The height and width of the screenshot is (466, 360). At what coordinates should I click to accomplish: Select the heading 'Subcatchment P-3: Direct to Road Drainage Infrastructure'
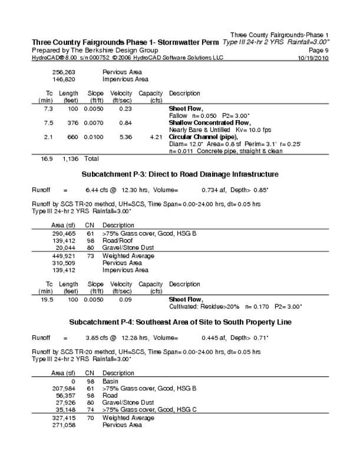click(x=180, y=174)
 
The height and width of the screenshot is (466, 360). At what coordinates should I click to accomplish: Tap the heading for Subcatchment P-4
click(x=180, y=322)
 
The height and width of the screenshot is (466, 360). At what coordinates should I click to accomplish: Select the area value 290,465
click(x=64, y=233)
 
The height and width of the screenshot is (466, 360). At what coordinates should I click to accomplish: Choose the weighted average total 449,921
click(x=64, y=256)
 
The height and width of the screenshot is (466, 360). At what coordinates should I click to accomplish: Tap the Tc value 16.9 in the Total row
click(x=47, y=159)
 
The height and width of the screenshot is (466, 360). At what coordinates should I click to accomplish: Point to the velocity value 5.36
click(x=125, y=137)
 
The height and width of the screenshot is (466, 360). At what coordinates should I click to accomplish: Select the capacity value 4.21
click(x=156, y=137)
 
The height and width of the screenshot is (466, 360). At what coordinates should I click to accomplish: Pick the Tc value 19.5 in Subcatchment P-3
click(x=47, y=300)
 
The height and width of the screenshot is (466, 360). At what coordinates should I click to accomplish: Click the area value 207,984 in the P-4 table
click(x=64, y=388)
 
